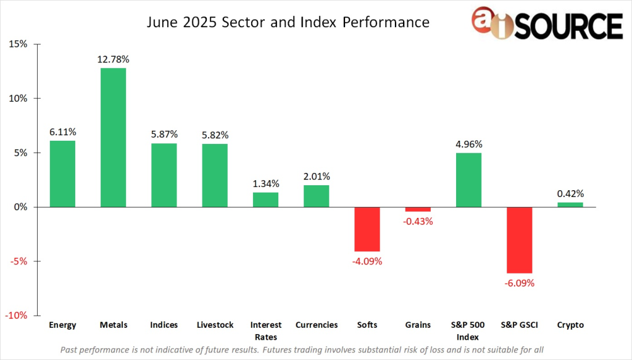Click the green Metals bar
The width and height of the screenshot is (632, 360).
[113, 137]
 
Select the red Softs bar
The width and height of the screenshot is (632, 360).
[367, 229]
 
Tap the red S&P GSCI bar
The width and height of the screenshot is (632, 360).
[519, 240]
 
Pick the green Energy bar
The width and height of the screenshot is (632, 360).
[62, 174]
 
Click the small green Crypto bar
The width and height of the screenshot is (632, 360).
[570, 204]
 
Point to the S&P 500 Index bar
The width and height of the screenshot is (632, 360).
[468, 180]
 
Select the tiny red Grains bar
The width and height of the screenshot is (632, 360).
[418, 209]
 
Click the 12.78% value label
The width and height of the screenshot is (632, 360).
[113, 59]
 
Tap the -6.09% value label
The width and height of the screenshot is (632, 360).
[519, 283]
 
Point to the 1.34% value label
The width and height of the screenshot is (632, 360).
[265, 183]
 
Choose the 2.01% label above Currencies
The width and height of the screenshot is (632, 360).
[316, 176]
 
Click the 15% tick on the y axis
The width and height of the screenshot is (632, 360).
[18, 44]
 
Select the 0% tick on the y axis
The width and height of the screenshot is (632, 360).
[20, 207]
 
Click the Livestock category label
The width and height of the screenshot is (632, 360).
[214, 325]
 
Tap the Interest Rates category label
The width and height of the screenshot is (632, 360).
[265, 330]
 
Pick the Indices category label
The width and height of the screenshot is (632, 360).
[164, 325]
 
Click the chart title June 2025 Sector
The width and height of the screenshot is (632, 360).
[288, 23]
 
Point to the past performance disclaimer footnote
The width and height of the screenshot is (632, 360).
[302, 350]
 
